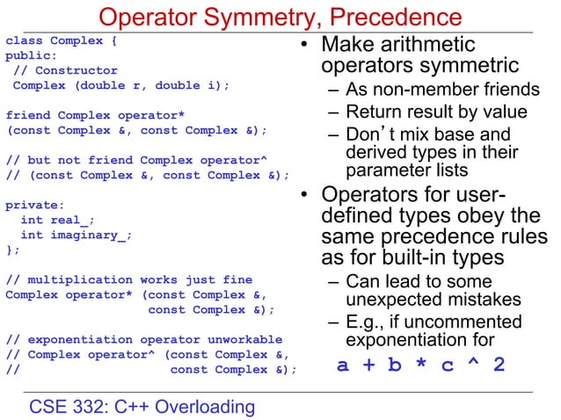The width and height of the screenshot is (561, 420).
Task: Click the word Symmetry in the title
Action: [270, 17]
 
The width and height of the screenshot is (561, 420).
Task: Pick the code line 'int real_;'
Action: [57, 220]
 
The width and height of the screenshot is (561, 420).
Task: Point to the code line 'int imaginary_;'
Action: [76, 235]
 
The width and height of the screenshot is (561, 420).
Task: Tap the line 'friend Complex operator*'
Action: [96, 115]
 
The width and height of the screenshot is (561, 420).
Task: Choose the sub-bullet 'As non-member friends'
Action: [442, 90]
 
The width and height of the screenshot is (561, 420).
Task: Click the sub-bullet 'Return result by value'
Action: [436, 112]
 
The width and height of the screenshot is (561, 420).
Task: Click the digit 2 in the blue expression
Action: [499, 364]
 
